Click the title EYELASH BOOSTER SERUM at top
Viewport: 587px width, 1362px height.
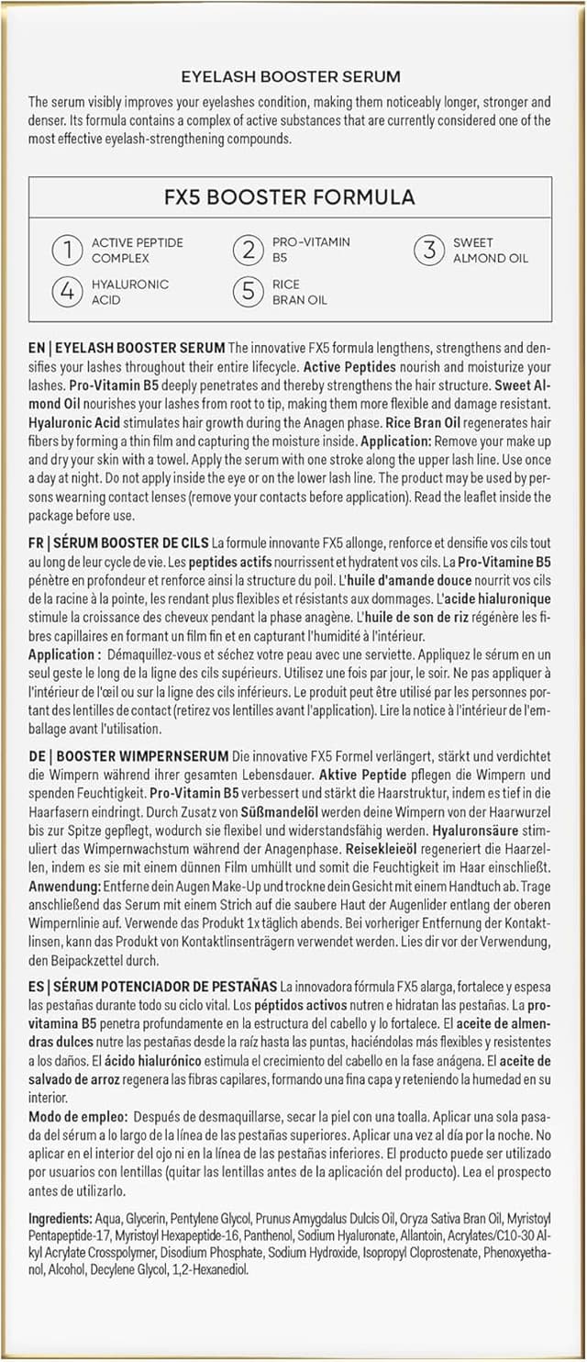[290, 77]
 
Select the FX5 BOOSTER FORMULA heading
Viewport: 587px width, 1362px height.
[290, 197]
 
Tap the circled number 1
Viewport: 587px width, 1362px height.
[67, 250]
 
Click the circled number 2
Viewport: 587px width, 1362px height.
[248, 250]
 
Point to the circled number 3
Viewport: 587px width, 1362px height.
[428, 250]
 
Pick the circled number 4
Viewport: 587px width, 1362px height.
[67, 292]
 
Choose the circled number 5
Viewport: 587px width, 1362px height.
[248, 292]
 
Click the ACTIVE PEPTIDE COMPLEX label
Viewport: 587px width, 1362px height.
[137, 250]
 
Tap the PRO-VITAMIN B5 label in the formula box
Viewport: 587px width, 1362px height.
[311, 250]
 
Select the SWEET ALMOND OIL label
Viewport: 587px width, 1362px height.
[491, 250]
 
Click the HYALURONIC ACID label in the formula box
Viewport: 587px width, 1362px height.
[129, 292]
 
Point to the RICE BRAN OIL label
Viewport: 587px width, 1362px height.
[299, 292]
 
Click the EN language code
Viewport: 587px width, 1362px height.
[37, 348]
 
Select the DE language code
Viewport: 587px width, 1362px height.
[37, 755]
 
